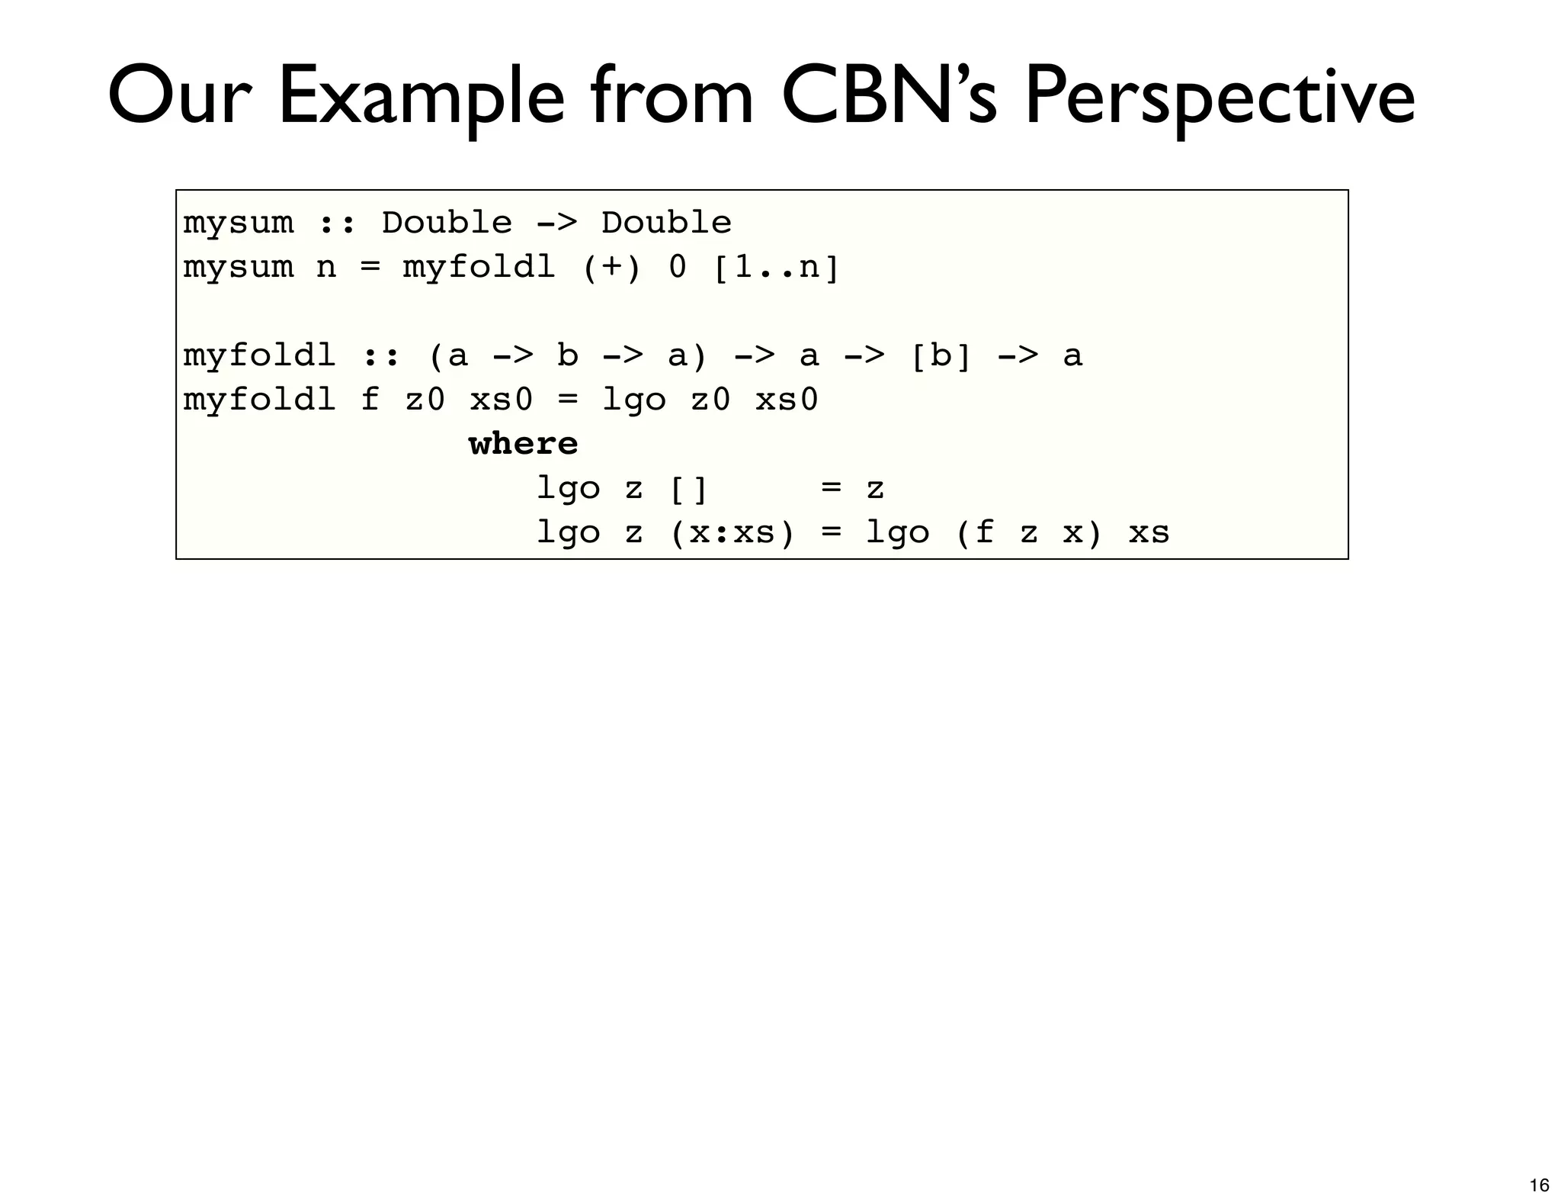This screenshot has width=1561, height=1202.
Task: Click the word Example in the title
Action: click(421, 98)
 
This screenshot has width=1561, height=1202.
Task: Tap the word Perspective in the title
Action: click(1218, 98)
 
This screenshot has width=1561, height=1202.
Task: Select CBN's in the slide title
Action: click(888, 98)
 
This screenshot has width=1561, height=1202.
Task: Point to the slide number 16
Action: click(1539, 1184)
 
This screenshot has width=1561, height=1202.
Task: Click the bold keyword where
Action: click(523, 444)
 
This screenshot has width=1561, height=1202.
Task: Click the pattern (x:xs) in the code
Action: click(732, 532)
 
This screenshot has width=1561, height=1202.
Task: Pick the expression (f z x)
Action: click(1028, 532)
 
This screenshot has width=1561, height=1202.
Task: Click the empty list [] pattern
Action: click(688, 488)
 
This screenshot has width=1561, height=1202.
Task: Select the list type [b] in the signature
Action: click(941, 356)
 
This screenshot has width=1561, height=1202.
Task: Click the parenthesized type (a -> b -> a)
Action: click(568, 356)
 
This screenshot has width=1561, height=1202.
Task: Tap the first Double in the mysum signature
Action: click(447, 223)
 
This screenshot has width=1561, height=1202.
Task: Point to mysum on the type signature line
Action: click(238, 223)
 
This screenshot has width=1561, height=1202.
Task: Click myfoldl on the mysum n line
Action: click(479, 268)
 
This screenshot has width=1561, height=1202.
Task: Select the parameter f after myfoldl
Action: click(370, 400)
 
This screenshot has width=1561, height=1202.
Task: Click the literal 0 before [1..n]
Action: click(677, 268)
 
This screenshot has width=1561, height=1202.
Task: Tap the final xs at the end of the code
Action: click(1149, 532)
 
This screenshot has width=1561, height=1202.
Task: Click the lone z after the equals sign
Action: click(875, 488)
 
